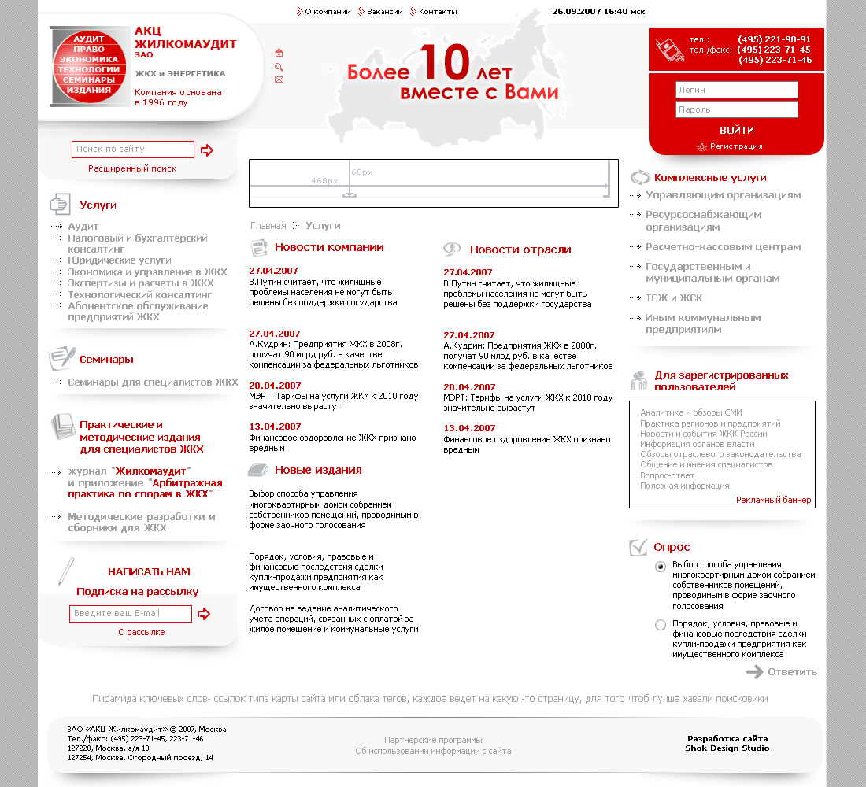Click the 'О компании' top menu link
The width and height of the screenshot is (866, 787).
click(328, 12)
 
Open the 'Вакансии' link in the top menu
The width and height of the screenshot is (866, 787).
click(384, 12)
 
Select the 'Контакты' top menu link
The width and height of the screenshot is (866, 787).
click(438, 12)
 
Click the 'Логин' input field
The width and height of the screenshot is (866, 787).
click(736, 90)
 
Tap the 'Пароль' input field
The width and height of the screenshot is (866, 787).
click(736, 109)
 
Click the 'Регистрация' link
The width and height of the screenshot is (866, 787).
click(736, 146)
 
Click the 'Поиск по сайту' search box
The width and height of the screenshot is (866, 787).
click(132, 150)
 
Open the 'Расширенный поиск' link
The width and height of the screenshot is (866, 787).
click(132, 168)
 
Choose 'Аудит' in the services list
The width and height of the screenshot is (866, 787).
click(83, 227)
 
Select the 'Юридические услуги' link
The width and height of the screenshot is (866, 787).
click(120, 260)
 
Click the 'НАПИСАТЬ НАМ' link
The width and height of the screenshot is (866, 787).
click(149, 572)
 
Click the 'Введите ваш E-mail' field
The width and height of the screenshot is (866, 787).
click(130, 614)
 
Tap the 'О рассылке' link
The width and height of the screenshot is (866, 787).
click(142, 632)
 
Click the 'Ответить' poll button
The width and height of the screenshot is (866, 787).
click(792, 672)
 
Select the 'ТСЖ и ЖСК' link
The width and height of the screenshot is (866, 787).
click(674, 298)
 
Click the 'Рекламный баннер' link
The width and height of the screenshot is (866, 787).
click(773, 501)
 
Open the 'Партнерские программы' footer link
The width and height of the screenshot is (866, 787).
click(433, 740)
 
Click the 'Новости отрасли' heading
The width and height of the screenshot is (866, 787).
click(520, 249)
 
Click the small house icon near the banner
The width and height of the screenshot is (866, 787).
click(279, 53)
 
